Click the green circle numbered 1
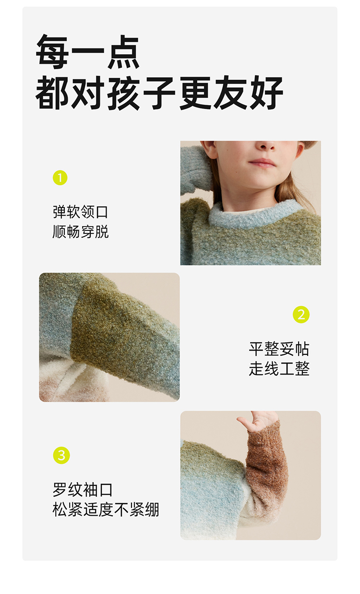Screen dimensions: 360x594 pyautogui.click(x=60, y=178)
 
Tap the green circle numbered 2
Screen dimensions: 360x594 pyautogui.click(x=301, y=315)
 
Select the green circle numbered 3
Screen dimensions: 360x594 pyautogui.click(x=61, y=455)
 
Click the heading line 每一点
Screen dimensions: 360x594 pyautogui.click(x=88, y=52)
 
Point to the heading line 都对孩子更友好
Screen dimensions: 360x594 pyautogui.click(x=159, y=93)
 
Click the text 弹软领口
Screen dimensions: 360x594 pyautogui.click(x=80, y=212)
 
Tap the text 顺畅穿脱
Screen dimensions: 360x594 pyautogui.click(x=80, y=231)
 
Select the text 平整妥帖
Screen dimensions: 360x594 pyautogui.click(x=279, y=349)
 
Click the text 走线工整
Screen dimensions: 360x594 pyautogui.click(x=279, y=369)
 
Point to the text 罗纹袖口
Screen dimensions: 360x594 pyautogui.click(x=83, y=489)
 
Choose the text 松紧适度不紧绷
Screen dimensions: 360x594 pyautogui.click(x=106, y=509)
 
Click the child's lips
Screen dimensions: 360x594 pyautogui.click(x=263, y=163)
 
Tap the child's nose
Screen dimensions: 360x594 pyautogui.click(x=266, y=145)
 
